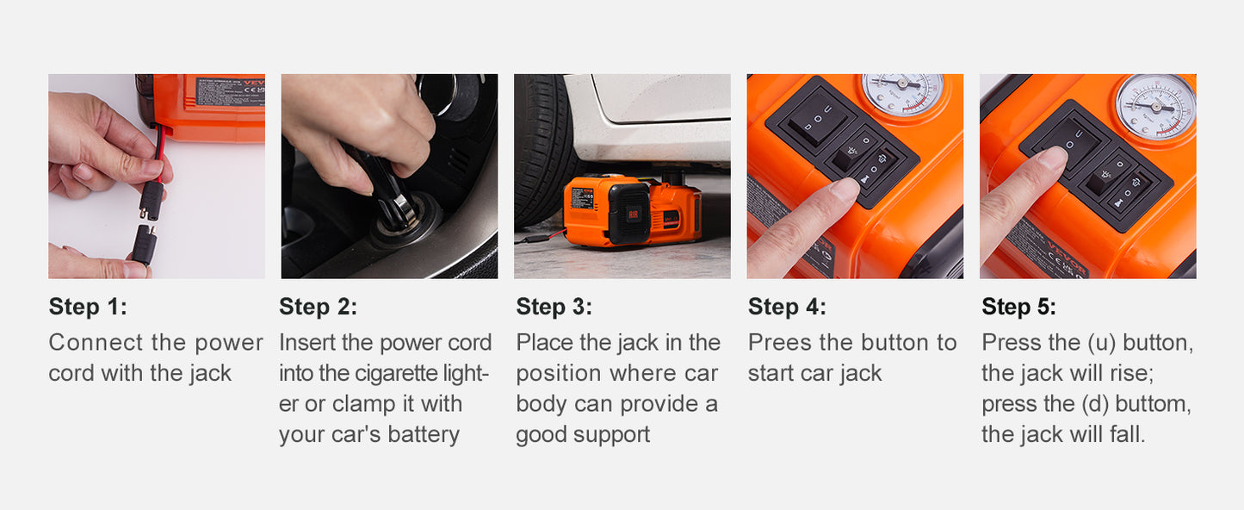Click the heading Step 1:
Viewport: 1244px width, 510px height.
tap(87, 308)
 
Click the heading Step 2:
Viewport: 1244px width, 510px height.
tap(318, 308)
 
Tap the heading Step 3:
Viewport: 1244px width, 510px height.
tap(554, 308)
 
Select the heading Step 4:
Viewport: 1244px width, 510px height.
tap(786, 308)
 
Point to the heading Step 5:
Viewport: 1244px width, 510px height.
tap(1018, 308)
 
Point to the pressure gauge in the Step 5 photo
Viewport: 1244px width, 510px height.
tap(1155, 105)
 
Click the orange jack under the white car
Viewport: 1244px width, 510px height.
tap(633, 212)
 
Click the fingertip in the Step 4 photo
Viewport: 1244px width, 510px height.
tap(843, 190)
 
